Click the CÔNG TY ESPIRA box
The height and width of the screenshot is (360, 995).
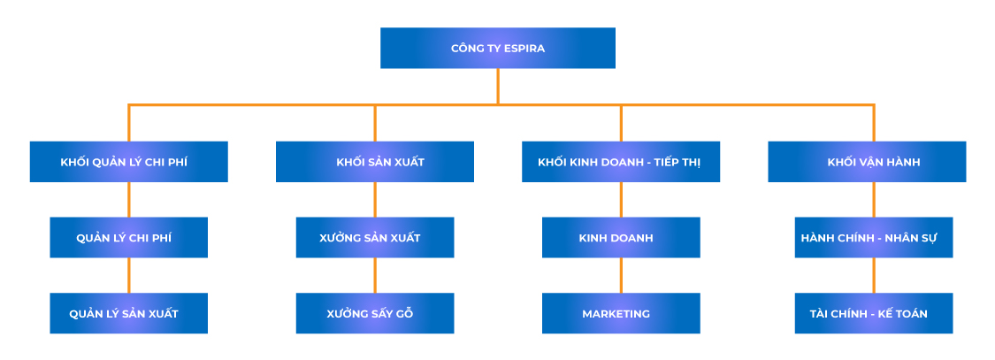pyautogui.click(x=497, y=48)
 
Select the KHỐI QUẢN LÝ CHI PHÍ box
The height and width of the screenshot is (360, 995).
pyautogui.click(x=128, y=162)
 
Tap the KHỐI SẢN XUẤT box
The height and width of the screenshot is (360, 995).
pyautogui.click(x=374, y=162)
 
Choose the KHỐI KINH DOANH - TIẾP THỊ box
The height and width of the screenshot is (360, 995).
pyautogui.click(x=620, y=162)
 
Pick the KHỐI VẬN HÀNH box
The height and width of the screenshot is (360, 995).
pyautogui.click(x=866, y=162)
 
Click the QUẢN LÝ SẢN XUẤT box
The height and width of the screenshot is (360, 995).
pyautogui.click(x=128, y=313)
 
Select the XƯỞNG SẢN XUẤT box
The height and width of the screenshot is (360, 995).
pyautogui.click(x=374, y=237)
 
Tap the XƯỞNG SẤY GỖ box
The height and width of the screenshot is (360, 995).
pyautogui.click(x=374, y=313)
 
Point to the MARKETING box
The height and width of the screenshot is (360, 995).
pyautogui.click(x=620, y=313)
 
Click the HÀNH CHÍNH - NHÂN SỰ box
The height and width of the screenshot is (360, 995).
pyautogui.click(x=873, y=237)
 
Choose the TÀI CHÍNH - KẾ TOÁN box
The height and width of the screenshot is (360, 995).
pyautogui.click(x=873, y=313)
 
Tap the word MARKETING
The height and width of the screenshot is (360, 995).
pyautogui.click(x=616, y=314)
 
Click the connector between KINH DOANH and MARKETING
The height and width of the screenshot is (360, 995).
pyautogui.click(x=620, y=275)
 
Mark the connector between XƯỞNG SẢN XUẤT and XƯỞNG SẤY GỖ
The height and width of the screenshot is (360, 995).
pyautogui.click(x=374, y=275)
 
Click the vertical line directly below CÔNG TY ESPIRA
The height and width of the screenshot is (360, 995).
pyautogui.click(x=497, y=86)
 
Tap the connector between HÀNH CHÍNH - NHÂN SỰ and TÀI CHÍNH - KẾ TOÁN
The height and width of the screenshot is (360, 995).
pyautogui.click(x=873, y=275)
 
